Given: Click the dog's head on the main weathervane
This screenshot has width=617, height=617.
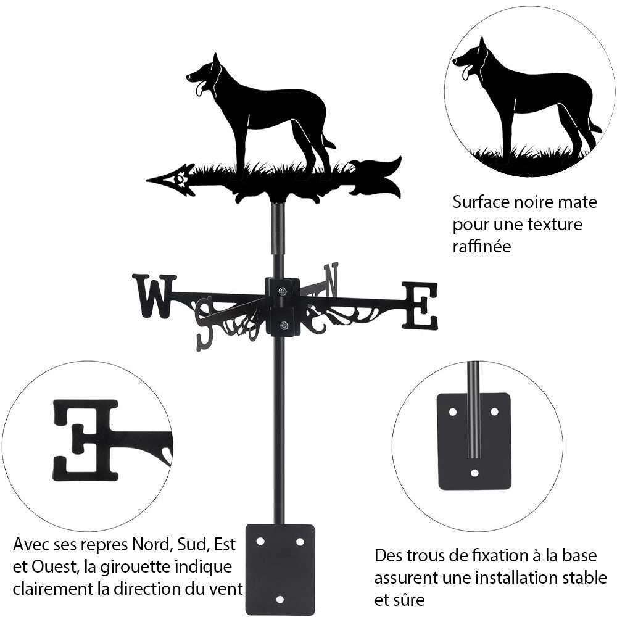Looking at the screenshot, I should (x=206, y=75).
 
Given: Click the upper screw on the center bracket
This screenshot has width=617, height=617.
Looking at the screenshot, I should (x=282, y=291).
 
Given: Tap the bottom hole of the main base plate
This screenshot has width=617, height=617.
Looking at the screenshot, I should (x=280, y=599).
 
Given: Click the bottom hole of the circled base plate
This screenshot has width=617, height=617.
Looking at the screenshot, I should (x=474, y=473).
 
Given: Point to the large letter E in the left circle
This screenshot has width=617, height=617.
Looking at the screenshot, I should (x=86, y=439).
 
